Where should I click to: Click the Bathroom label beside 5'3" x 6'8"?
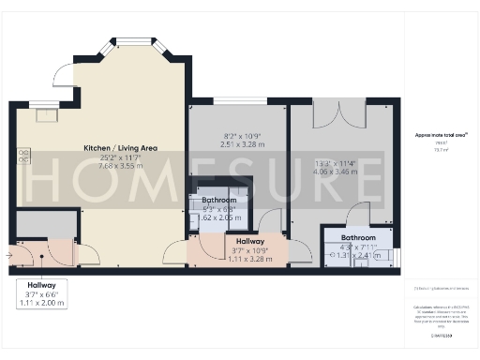click(x=218, y=201)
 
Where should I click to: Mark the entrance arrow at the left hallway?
click(x=9, y=253)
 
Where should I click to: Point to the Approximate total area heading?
click(x=442, y=135)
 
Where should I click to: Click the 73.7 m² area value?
click(x=441, y=148)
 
